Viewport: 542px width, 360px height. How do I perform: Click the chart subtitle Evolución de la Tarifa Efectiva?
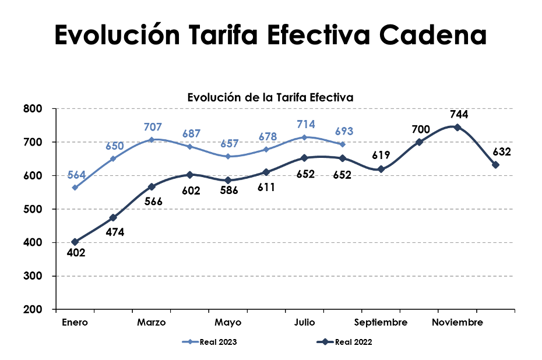270,97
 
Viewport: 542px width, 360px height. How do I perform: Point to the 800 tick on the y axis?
34,109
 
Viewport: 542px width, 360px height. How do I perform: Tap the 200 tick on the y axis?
34,309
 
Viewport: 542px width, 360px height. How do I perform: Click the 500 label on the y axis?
34,209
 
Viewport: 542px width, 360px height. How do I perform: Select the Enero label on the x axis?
75,323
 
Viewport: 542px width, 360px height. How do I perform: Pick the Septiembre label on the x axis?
381,323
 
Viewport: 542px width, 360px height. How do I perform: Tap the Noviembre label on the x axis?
457,323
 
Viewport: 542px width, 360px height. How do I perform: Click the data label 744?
458,115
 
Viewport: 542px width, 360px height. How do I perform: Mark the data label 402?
76,253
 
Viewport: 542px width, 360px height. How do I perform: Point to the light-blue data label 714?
305,124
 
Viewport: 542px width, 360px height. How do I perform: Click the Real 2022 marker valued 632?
495,165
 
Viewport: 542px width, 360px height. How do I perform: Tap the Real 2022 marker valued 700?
419,142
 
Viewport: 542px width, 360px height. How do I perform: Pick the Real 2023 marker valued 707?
152,140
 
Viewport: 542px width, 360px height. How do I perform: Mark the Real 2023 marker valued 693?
343,144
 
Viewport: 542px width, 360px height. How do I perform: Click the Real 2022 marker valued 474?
113,218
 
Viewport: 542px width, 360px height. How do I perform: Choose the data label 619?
381,156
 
